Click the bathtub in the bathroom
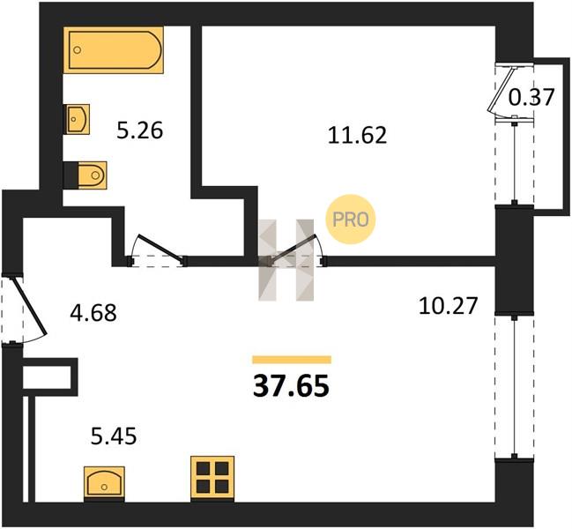click(113, 49)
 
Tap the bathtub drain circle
click(77, 50)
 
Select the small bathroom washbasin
click(77, 119)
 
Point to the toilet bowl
click(92, 175)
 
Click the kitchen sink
click(104, 482)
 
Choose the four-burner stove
click(212, 477)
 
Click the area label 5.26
click(140, 130)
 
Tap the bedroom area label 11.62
click(357, 135)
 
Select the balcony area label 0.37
click(531, 97)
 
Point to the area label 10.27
click(448, 306)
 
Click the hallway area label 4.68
click(93, 313)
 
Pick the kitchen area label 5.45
click(114, 436)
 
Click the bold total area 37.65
click(291, 386)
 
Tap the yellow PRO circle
click(350, 220)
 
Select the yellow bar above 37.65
click(292, 360)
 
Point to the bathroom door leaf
click(160, 248)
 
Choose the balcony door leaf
click(502, 88)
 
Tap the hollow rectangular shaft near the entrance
click(50, 377)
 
